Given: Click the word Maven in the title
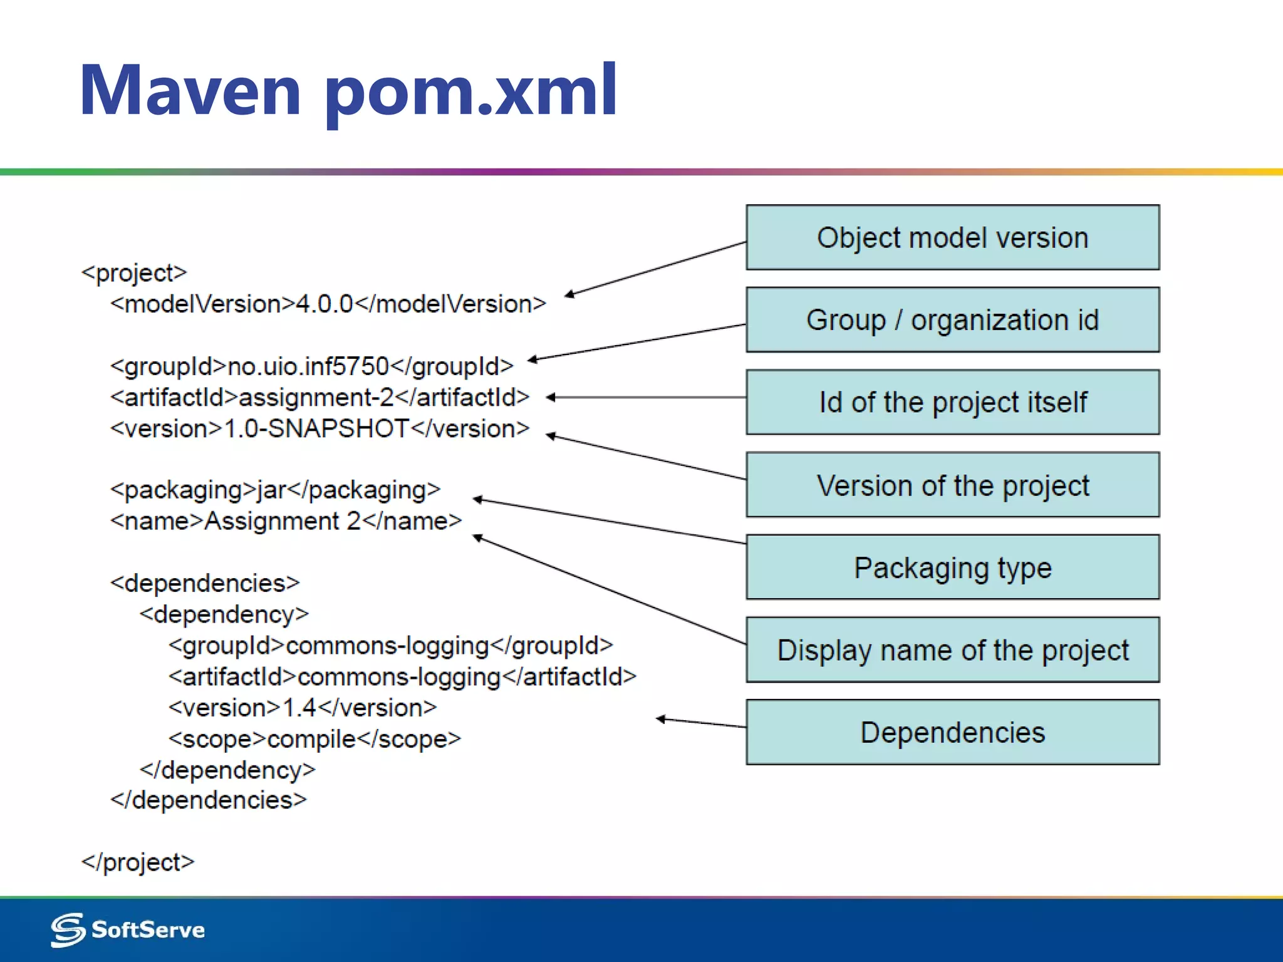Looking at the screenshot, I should pos(190,91).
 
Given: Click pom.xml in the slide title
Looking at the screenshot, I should pos(470,91).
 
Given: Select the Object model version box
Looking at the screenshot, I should pos(952,238).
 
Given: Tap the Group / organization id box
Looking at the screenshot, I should pos(952,320).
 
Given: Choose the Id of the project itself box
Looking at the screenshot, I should pos(952,402).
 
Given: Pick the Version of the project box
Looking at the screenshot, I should pos(952,485).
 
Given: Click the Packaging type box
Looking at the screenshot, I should pos(952,567).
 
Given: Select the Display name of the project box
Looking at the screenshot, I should pos(952,650).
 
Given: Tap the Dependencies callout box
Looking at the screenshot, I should pos(952,732).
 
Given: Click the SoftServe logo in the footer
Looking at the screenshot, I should pos(128,929).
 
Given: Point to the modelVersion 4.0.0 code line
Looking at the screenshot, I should pos(328,304).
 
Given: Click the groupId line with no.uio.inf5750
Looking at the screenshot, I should pos(311,366).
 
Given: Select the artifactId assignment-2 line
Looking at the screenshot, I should pos(319,397).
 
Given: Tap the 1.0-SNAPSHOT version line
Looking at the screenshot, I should pos(319,429).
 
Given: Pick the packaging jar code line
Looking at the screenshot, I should pos(275,490).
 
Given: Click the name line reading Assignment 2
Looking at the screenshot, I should pos(286,521).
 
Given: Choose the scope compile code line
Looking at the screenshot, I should pos(314,739).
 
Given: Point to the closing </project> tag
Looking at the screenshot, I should pos(138,862).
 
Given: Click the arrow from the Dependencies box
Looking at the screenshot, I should pos(702,723).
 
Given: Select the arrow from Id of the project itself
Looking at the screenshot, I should pos(645,397).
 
